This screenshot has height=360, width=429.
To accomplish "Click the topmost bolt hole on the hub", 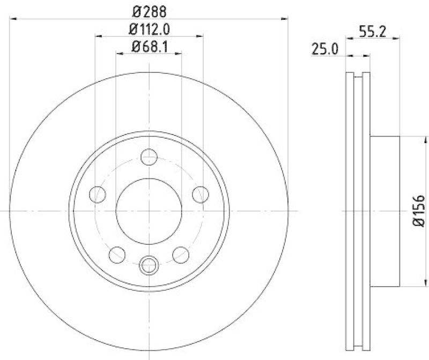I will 149,157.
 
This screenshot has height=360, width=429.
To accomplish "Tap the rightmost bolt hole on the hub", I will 201,194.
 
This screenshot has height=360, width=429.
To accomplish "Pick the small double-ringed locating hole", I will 149,264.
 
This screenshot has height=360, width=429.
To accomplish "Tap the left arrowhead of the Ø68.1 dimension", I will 119,54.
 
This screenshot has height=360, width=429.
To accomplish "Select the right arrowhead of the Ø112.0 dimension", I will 200,36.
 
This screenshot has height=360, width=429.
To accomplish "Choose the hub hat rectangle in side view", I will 385,211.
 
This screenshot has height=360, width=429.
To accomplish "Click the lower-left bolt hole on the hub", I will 117,253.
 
